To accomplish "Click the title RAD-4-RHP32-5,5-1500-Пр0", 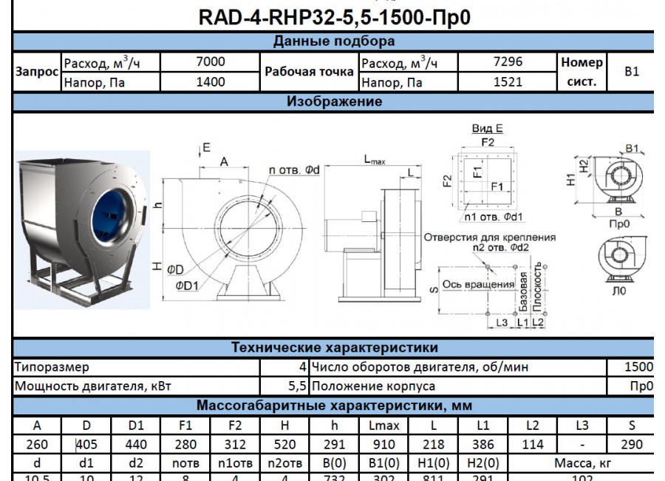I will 334,17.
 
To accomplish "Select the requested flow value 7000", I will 211,62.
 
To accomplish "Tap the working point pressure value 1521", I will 507,82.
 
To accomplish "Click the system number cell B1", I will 632,72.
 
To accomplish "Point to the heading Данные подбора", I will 334,41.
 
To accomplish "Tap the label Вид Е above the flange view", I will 487,129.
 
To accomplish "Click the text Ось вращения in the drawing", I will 478,284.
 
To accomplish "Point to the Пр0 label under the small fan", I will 618,223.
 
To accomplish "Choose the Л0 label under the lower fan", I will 618,291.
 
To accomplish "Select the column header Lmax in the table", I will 383,425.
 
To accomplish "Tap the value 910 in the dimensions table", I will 383,445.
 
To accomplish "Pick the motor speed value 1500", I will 638,367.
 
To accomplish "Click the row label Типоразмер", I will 52,367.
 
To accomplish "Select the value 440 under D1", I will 136,445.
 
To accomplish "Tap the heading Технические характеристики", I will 334,348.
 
